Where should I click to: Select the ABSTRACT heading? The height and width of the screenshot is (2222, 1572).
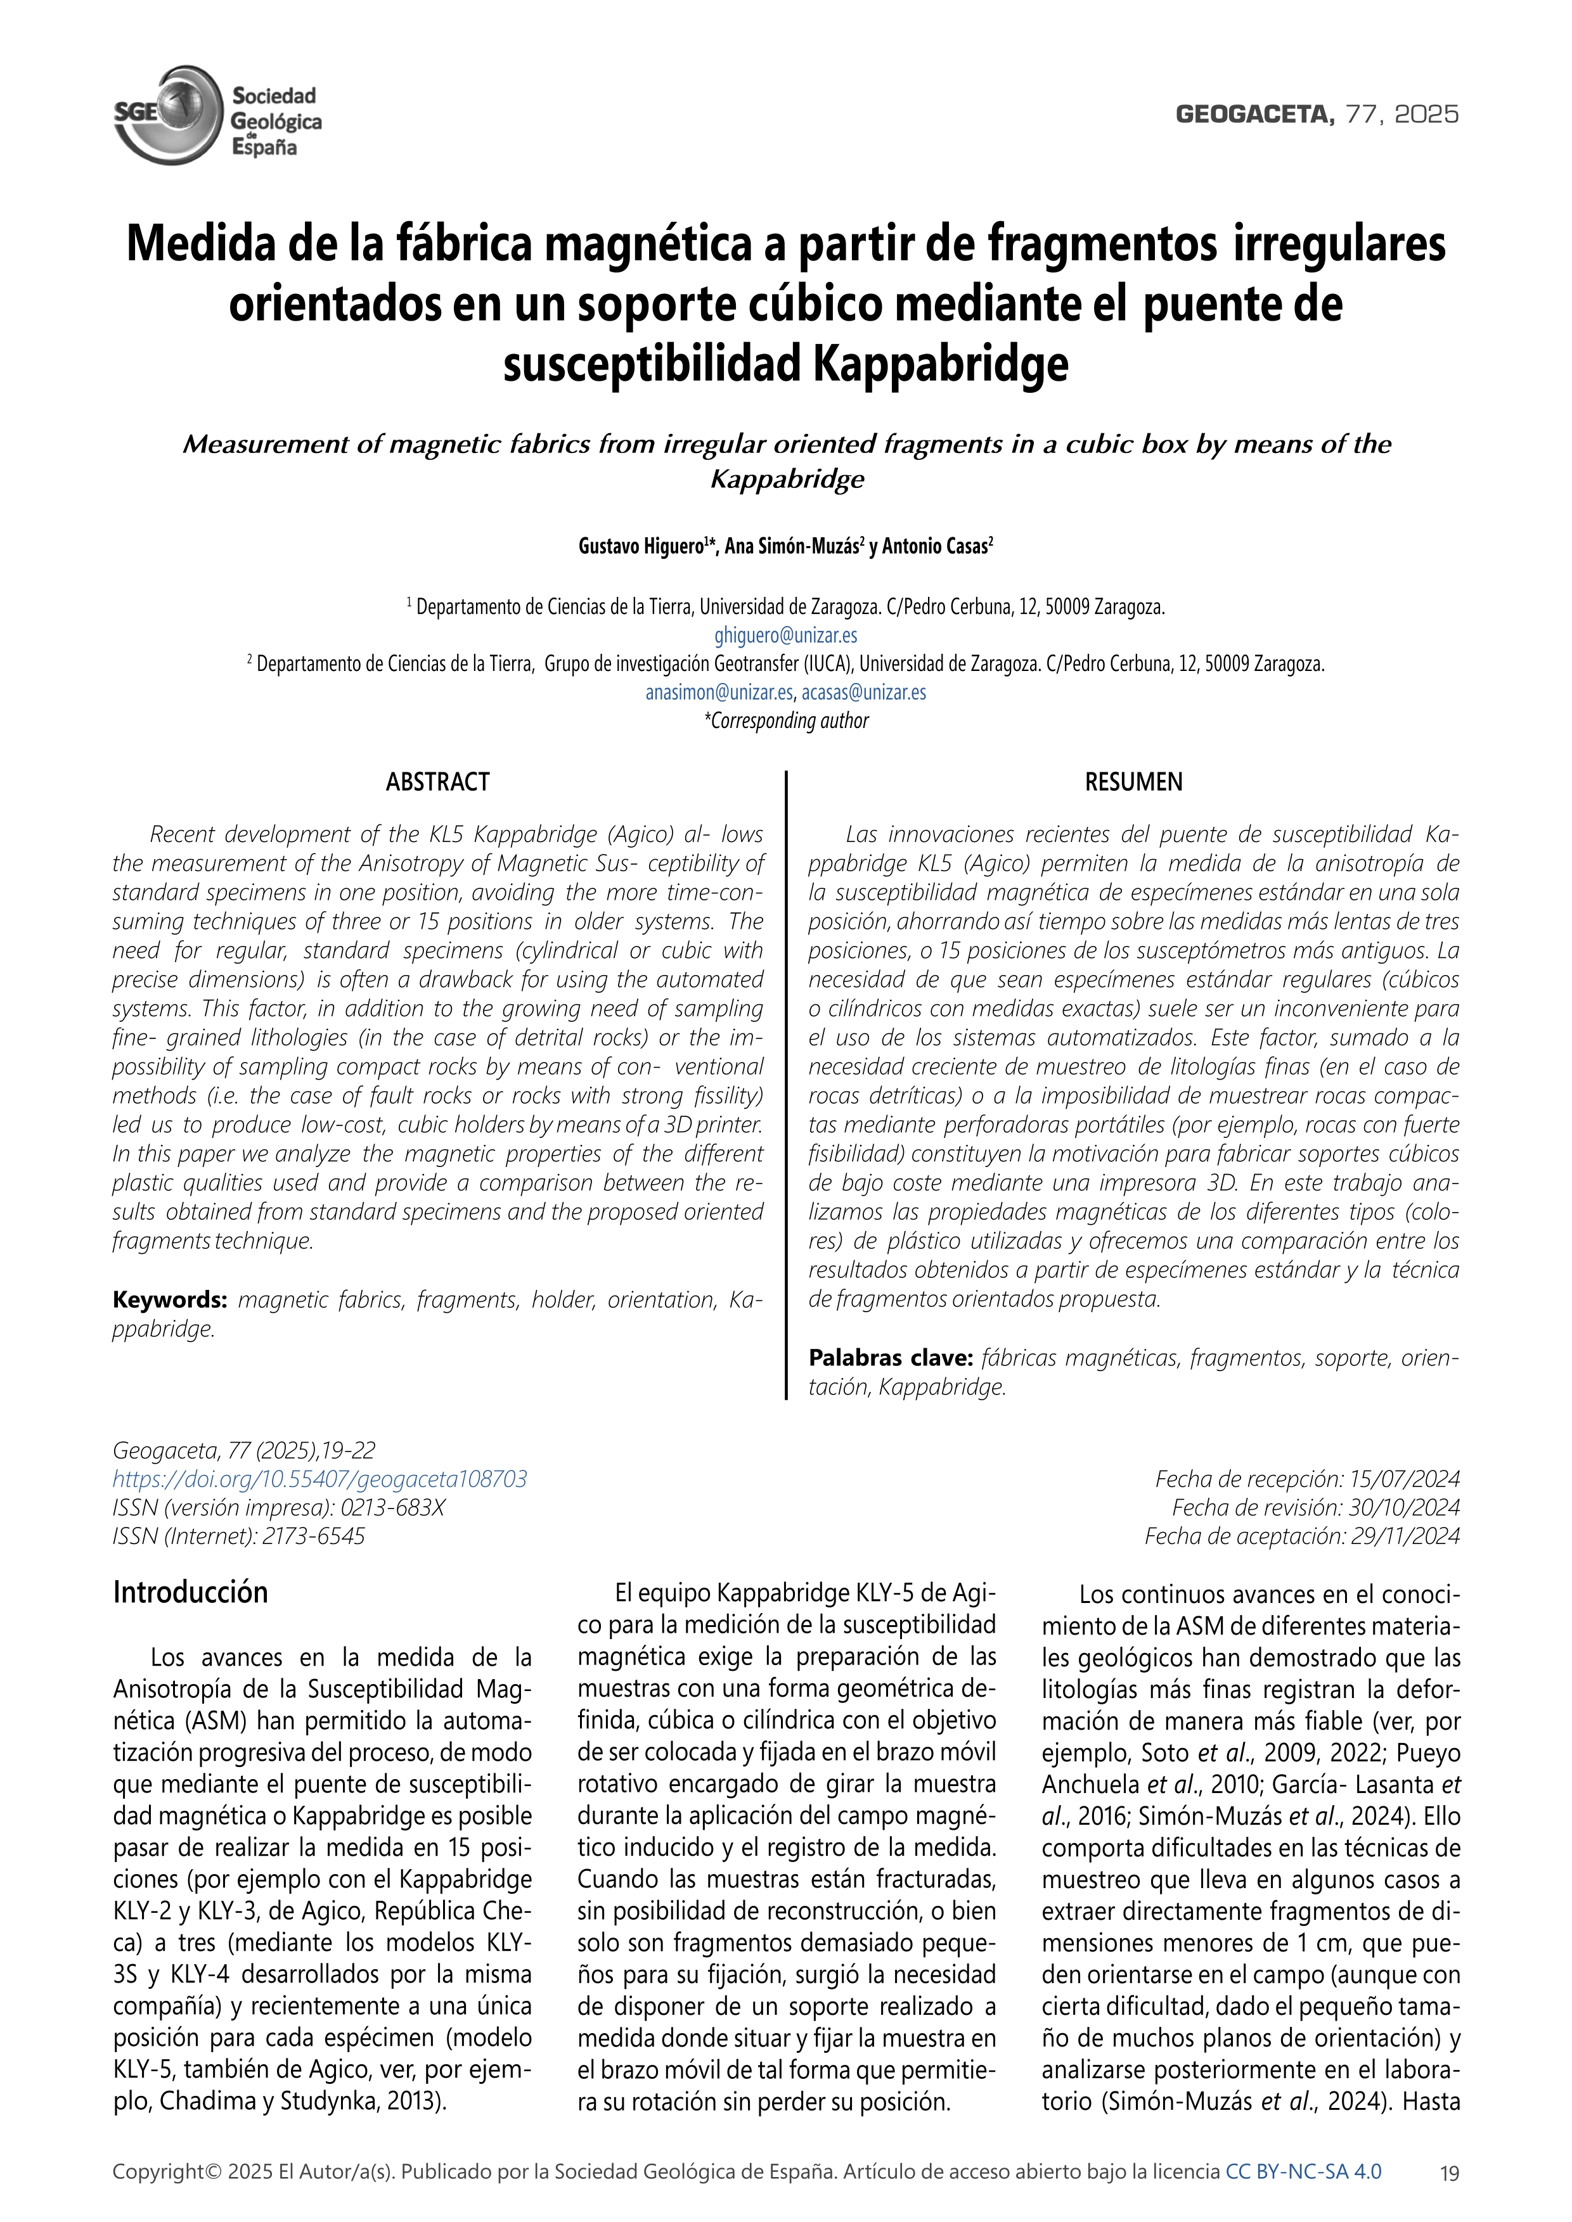(x=437, y=782)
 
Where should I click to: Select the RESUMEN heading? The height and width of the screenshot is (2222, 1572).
(x=1133, y=782)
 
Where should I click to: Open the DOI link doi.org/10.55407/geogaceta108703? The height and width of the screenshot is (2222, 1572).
(x=319, y=1479)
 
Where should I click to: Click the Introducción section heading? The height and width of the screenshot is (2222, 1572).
(x=191, y=1592)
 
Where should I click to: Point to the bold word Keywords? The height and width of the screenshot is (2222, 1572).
(x=169, y=1299)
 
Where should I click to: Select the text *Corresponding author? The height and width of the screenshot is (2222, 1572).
(x=786, y=721)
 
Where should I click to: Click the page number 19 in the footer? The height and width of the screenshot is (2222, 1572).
(x=1449, y=2173)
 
